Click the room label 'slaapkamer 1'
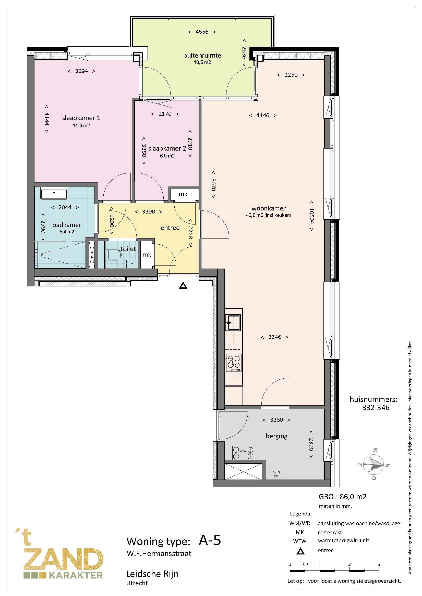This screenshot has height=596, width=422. click(x=81, y=118)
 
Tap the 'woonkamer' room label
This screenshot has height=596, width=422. click(x=269, y=208)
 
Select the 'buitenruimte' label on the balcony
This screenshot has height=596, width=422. click(x=202, y=55)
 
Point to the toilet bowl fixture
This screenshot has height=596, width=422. click(x=115, y=255)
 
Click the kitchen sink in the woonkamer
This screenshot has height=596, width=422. click(x=233, y=322)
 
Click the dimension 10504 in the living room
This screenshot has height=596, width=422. click(x=312, y=216)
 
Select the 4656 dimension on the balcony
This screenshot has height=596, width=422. click(x=202, y=32)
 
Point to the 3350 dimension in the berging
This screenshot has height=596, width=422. click(x=276, y=420)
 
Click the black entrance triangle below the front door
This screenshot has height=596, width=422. click(x=183, y=286)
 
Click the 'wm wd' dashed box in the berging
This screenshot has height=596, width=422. click(x=277, y=469)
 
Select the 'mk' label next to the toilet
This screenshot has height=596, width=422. click(x=147, y=255)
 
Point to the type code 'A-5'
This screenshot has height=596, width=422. click(x=210, y=540)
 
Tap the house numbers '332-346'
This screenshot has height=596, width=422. click(x=376, y=407)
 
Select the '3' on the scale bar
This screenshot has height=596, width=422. click(x=379, y=564)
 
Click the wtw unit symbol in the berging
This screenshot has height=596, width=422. click(x=243, y=453)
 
